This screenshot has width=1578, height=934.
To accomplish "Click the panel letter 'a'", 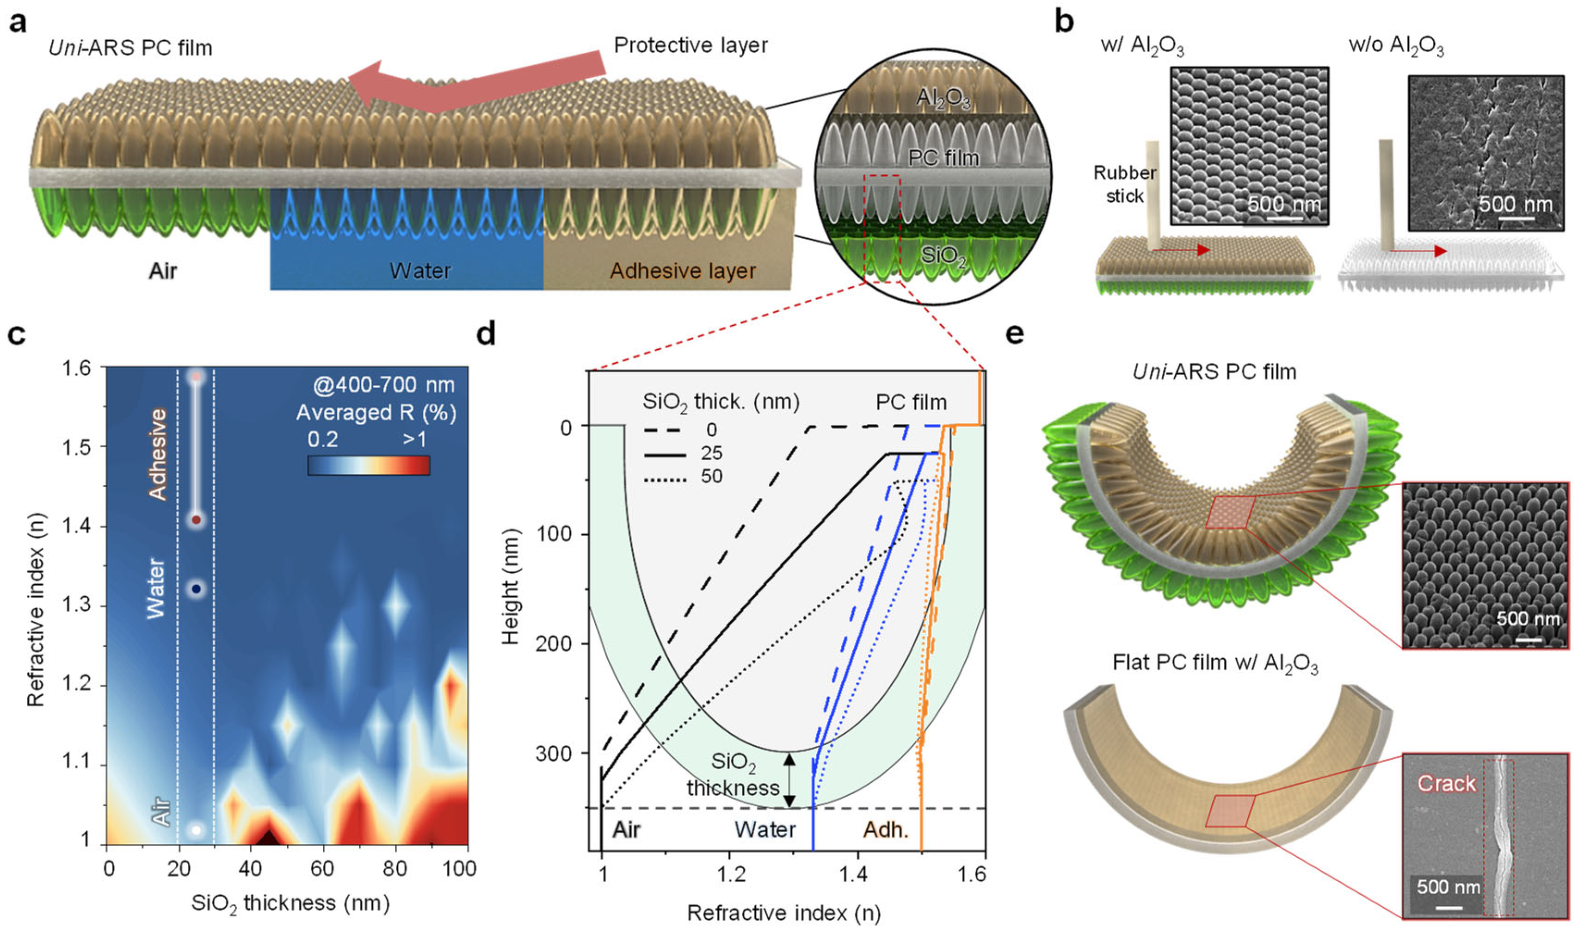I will (x=17, y=23).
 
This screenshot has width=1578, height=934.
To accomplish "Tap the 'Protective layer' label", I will (x=690, y=45).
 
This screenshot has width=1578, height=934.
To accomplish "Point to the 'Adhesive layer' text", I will (x=683, y=271).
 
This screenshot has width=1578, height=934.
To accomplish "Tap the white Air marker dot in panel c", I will (x=196, y=829).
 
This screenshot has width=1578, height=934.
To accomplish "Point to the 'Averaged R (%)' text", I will (x=376, y=413).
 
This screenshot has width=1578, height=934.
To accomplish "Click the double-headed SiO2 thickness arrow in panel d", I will (x=790, y=780).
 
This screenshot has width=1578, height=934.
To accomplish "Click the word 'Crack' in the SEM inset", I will (x=1446, y=784).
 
